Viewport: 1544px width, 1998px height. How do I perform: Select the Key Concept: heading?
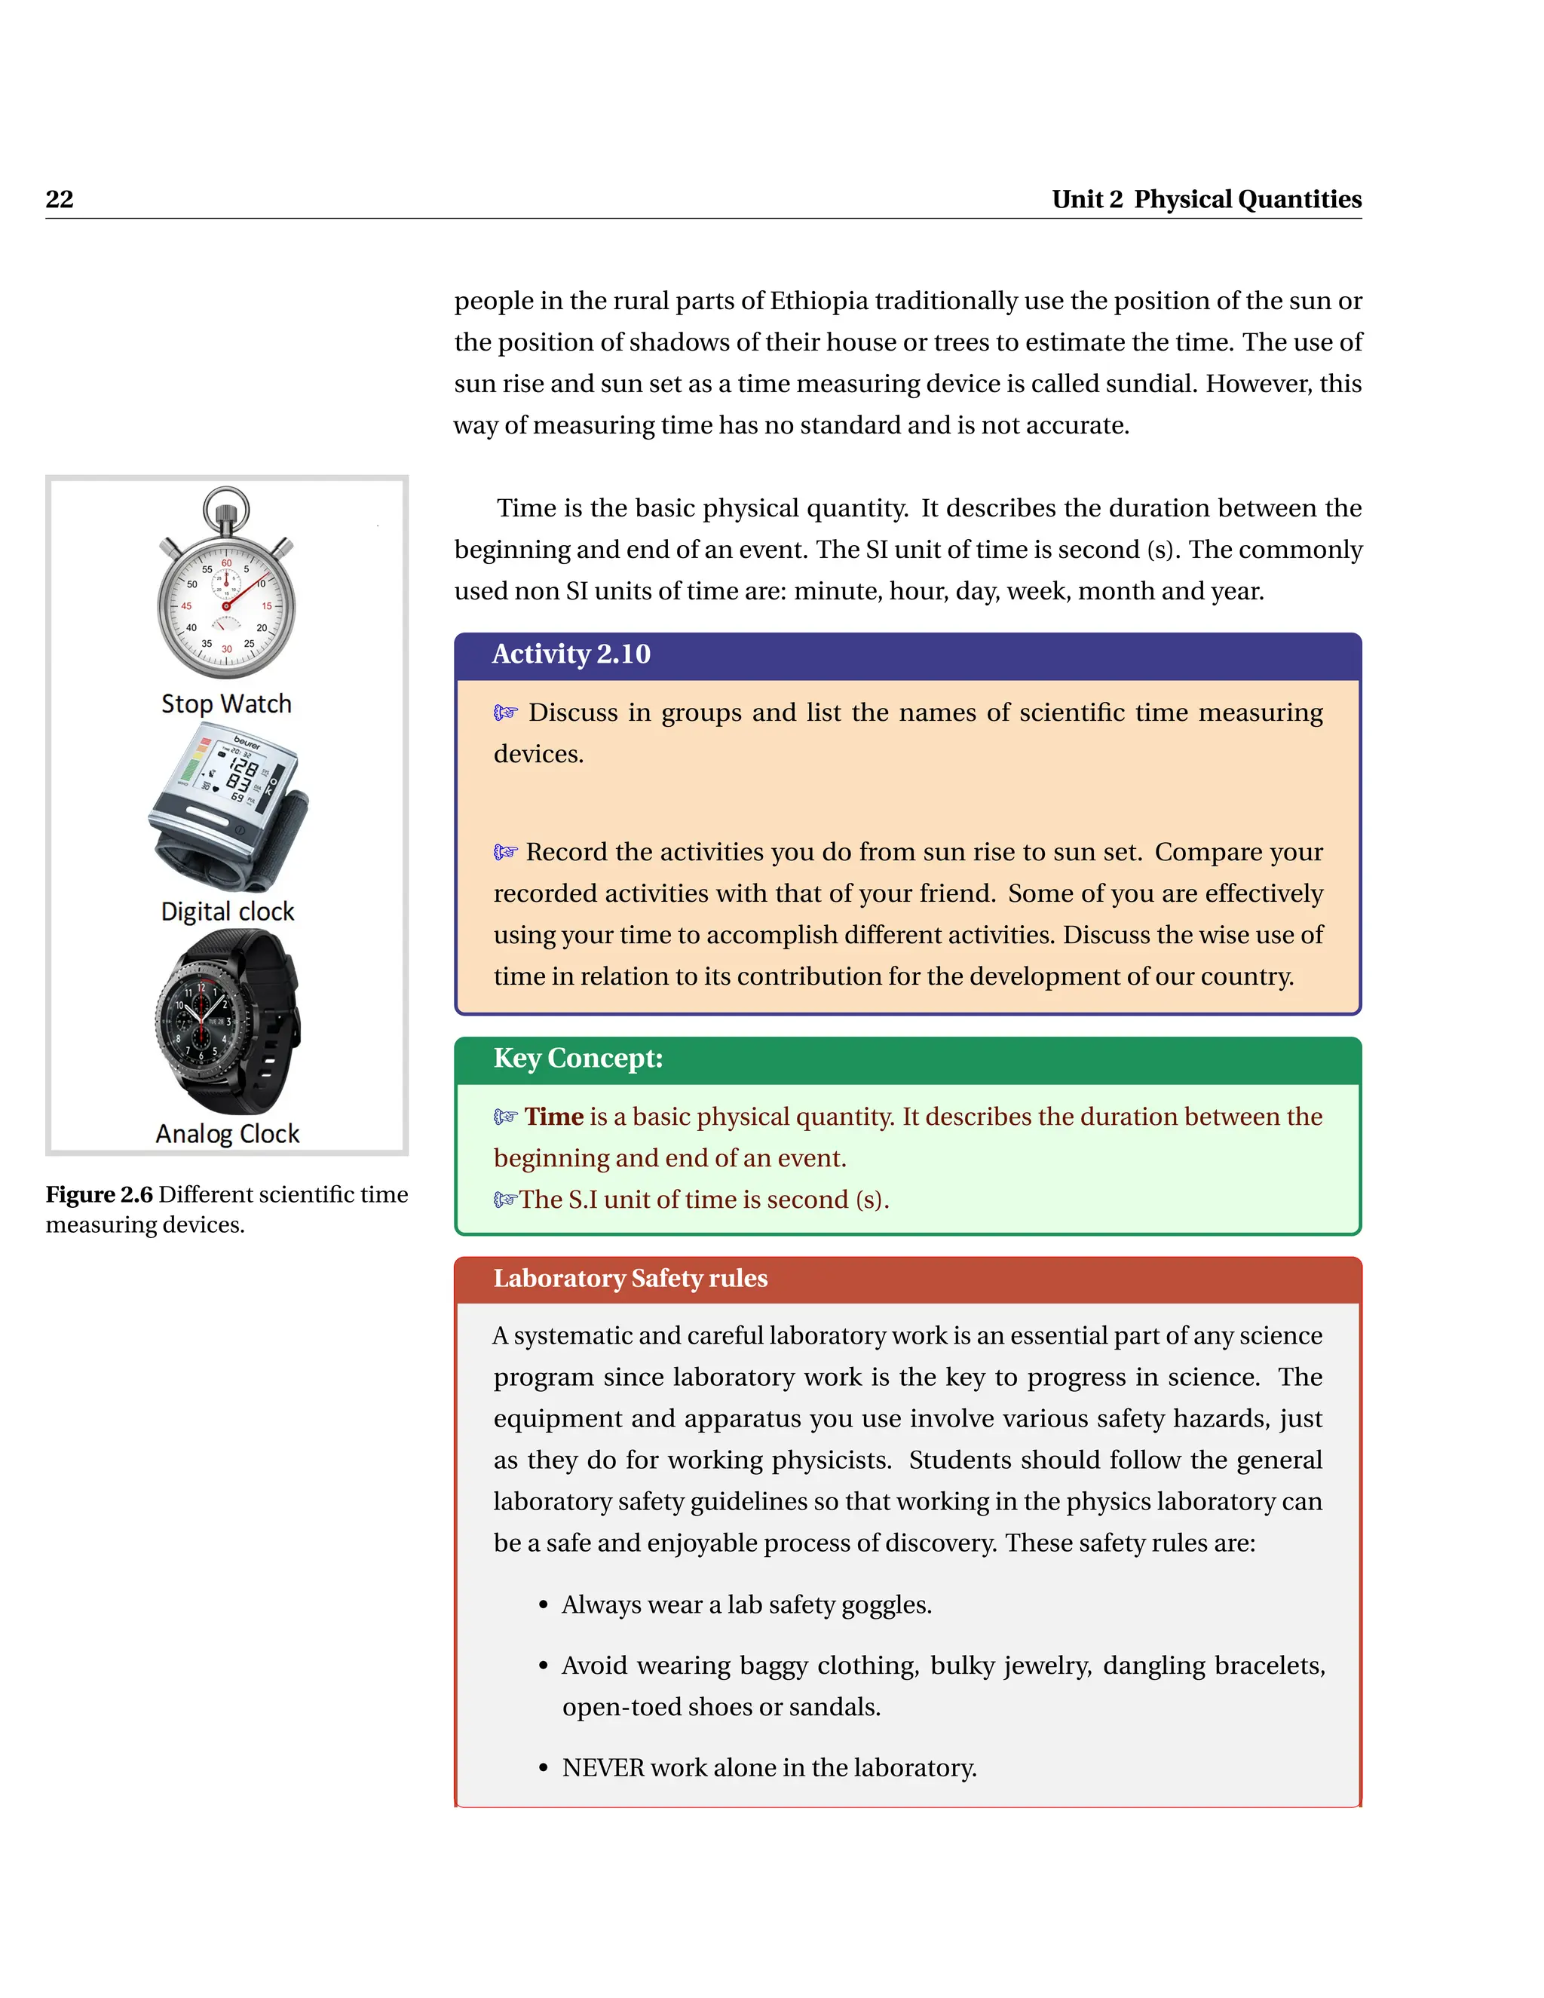coord(577,1058)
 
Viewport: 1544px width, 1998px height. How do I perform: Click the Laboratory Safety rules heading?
coord(630,1277)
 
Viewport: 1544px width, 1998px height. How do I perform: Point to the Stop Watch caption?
coord(226,703)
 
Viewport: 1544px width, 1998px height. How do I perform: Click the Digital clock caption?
coord(227,912)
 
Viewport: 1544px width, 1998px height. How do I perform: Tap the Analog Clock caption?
coord(227,1133)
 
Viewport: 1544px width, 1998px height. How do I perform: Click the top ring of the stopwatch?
coord(226,505)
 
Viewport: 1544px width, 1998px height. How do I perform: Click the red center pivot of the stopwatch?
coord(226,605)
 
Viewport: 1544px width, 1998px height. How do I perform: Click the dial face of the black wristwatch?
coord(203,1021)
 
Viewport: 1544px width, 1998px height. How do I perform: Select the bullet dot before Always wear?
coord(544,1605)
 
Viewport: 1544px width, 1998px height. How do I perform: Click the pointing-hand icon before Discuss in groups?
coord(506,712)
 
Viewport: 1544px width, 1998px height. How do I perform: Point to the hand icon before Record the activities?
coord(506,852)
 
